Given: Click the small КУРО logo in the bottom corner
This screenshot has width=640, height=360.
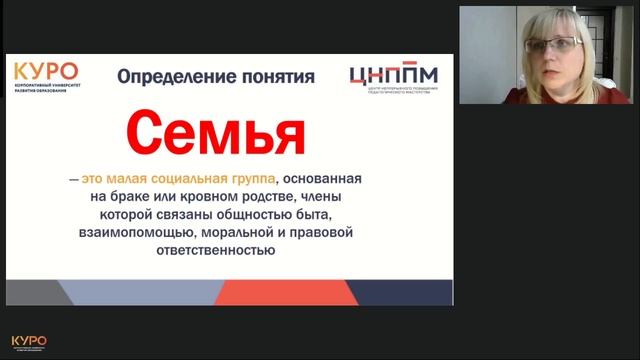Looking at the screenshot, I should point(28,342).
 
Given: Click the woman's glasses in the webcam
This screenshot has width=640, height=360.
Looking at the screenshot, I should point(552,46).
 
